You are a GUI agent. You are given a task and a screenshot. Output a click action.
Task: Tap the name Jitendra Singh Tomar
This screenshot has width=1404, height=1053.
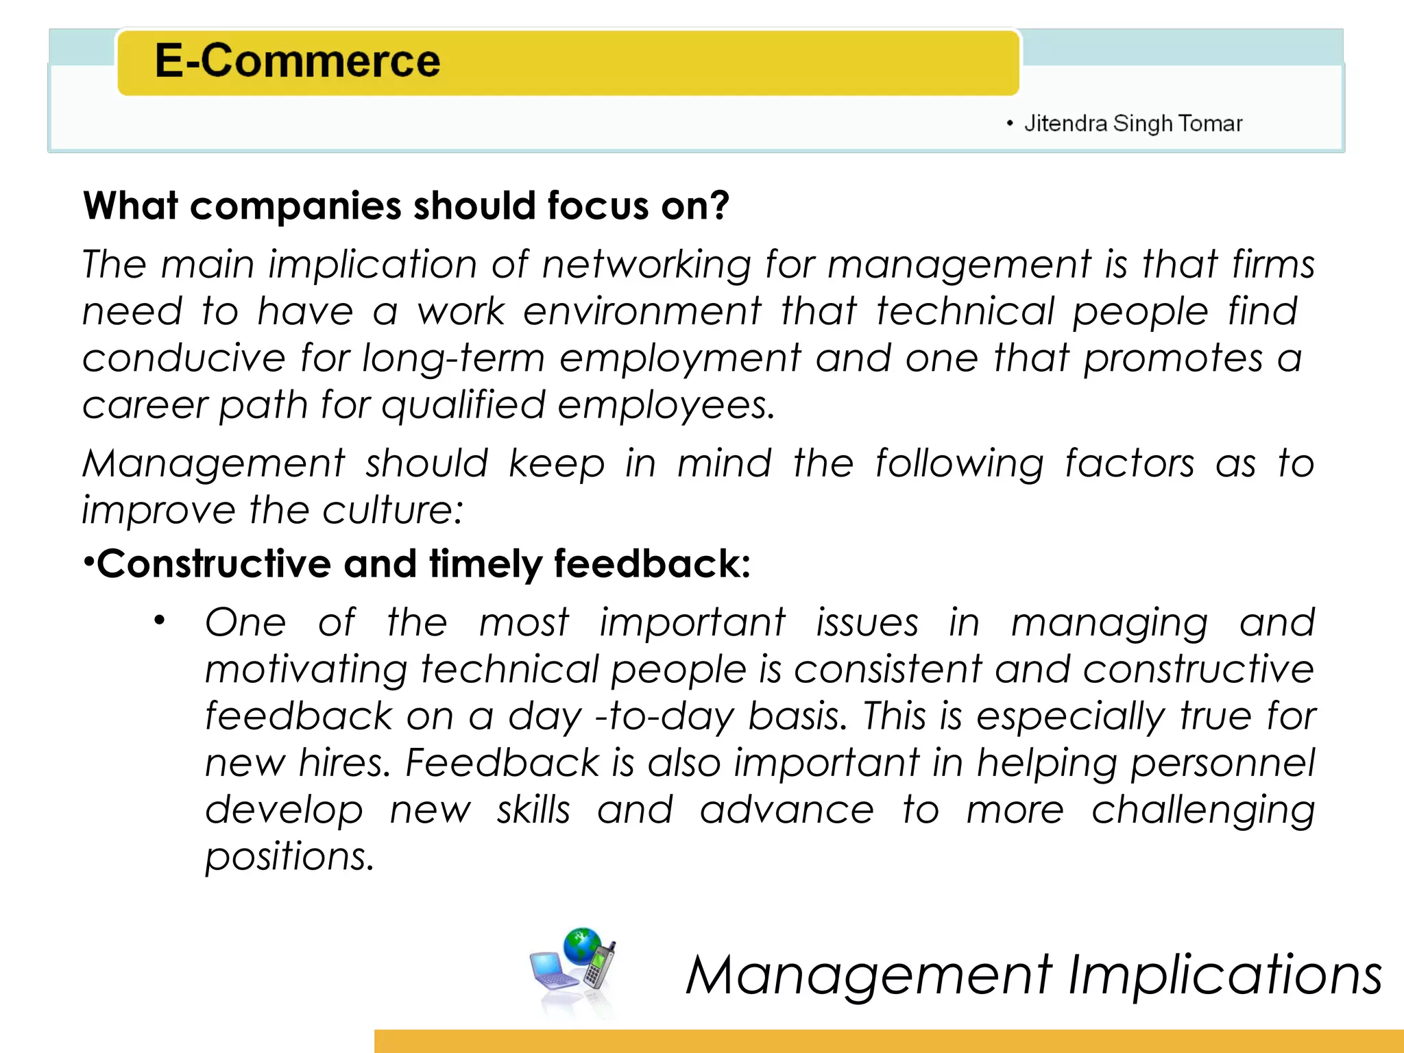1133,123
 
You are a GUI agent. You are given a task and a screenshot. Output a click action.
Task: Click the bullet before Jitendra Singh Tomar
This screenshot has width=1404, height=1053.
1009,123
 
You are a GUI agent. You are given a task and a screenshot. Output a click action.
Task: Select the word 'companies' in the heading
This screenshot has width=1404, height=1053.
295,206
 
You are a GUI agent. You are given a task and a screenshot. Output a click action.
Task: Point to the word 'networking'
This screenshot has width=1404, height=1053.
646,265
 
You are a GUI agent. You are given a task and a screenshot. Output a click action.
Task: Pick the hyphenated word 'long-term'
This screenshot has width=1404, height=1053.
453,359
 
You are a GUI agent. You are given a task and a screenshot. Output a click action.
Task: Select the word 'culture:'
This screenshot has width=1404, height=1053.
393,511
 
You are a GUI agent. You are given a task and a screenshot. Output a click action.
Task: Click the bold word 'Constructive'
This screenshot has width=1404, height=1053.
214,564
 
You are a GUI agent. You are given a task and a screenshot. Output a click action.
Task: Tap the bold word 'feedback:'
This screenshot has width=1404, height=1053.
652,564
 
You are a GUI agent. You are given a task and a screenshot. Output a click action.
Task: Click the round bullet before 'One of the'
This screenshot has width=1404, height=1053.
160,621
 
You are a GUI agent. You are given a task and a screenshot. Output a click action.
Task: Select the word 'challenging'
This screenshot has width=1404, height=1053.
1203,811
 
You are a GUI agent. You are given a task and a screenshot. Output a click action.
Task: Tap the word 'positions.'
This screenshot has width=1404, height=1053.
289,857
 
